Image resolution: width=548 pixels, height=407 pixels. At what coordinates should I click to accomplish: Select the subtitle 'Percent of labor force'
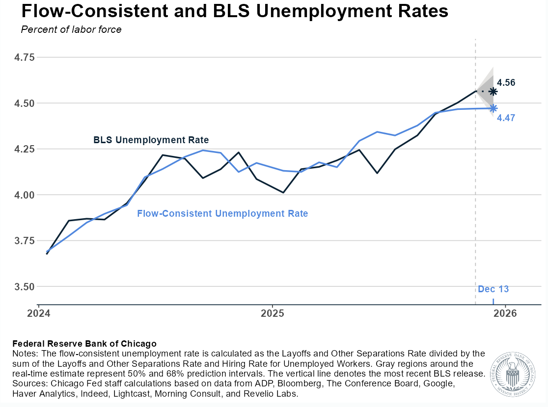[71, 29]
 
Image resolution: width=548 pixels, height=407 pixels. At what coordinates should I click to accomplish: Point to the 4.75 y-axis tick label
[25, 57]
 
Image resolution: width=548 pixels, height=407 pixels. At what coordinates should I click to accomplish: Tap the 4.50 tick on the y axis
[25, 103]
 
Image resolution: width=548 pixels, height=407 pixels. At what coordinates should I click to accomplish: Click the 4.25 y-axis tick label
[25, 149]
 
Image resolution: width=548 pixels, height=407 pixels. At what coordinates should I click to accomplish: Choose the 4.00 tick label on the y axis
[25, 195]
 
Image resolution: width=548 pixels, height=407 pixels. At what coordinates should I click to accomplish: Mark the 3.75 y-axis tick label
[25, 241]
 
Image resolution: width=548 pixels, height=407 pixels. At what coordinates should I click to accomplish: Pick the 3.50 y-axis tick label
[25, 286]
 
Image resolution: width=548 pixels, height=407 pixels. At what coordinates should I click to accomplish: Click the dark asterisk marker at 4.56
[493, 92]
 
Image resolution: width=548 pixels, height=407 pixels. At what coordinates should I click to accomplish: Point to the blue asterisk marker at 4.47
[493, 108]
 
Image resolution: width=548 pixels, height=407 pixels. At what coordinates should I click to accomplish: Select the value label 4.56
[506, 83]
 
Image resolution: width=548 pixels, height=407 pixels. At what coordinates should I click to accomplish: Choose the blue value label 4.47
[506, 118]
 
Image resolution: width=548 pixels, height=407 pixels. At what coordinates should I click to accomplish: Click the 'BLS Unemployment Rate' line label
[151, 140]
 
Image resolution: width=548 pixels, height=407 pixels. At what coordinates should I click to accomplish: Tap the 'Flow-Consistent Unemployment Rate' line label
[222, 214]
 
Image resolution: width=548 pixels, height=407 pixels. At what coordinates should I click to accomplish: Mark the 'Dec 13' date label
[493, 289]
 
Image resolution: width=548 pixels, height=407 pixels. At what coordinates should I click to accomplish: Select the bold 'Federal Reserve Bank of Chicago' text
[84, 343]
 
